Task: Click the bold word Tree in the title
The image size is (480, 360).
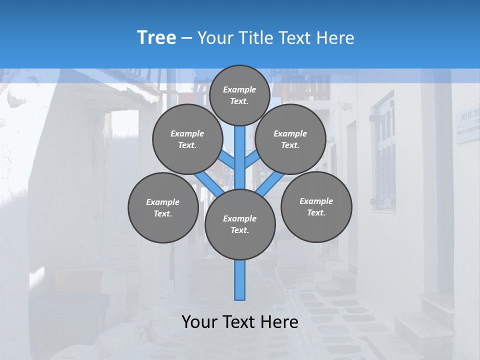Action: tap(156, 38)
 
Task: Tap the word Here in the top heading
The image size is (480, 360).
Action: tap(336, 38)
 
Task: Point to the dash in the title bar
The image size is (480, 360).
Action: tap(186, 38)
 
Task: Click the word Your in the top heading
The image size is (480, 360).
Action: tap(213, 38)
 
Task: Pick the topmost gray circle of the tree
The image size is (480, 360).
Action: tap(239, 95)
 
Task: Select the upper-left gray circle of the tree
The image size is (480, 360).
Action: tap(187, 139)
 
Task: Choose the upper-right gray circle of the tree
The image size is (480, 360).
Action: tap(290, 139)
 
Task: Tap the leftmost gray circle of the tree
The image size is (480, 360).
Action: tap(163, 207)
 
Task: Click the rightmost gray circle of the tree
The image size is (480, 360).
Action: tap(316, 206)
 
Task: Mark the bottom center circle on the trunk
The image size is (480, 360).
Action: tap(240, 224)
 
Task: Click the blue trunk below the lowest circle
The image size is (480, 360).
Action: tap(240, 280)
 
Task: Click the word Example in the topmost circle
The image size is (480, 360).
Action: tap(239, 89)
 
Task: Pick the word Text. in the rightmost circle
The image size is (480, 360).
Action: tap(316, 212)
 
